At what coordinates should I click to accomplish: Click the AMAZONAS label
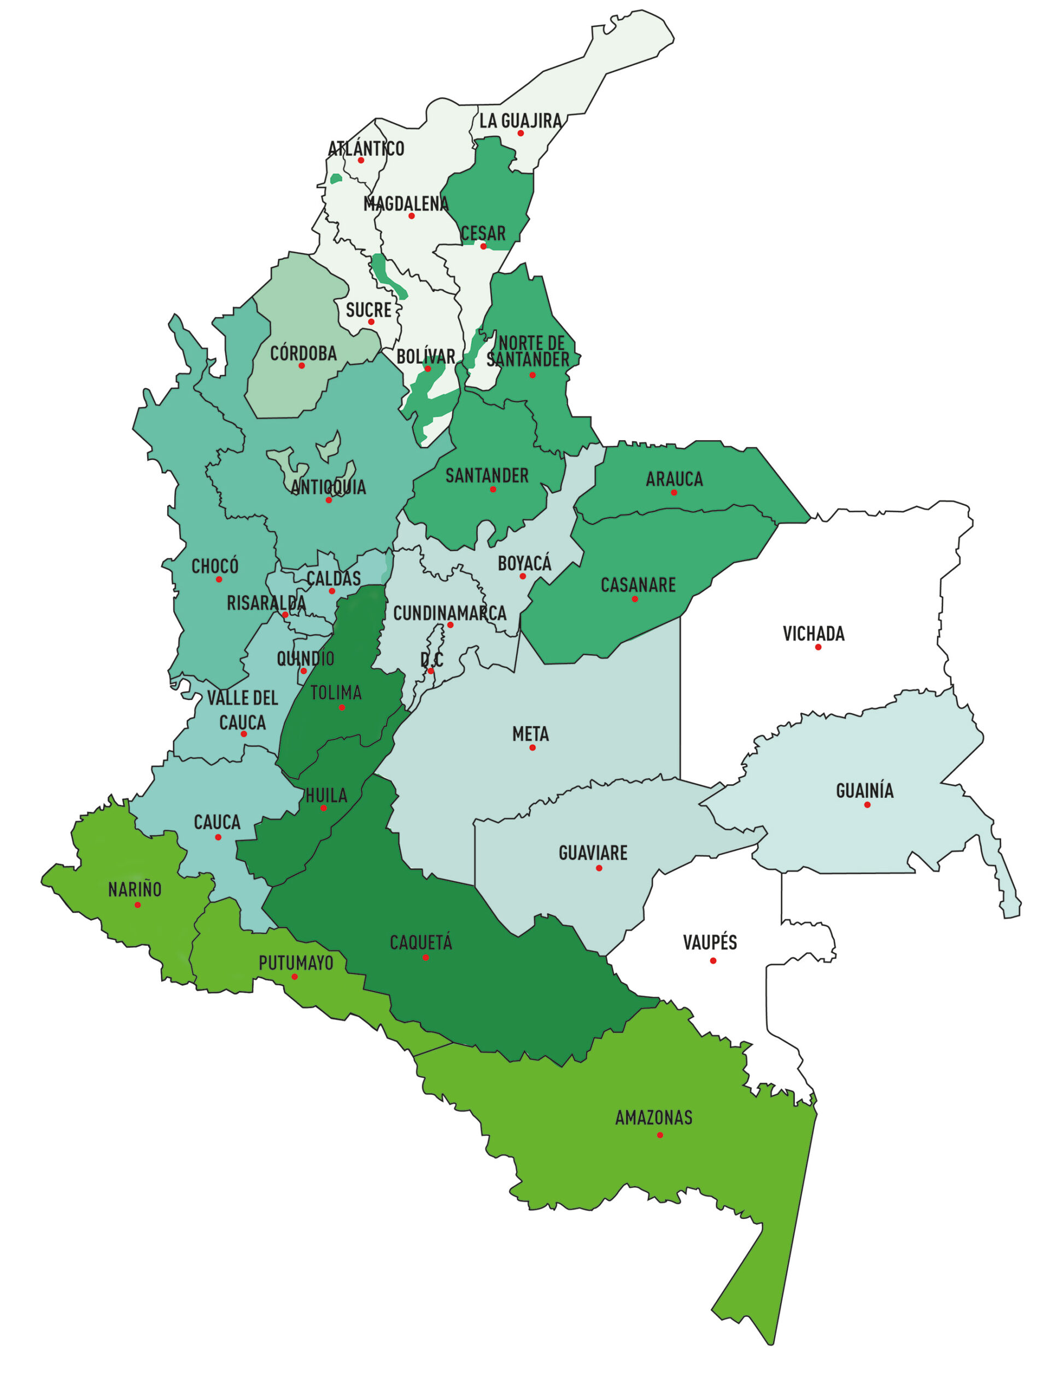(x=654, y=1118)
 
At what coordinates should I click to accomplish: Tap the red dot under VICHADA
(x=817, y=647)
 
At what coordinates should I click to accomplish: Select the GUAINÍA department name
(x=864, y=790)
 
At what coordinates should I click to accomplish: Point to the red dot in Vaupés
(x=712, y=961)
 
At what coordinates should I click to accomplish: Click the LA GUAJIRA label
(x=520, y=120)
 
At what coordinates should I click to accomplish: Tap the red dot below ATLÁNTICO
(x=361, y=160)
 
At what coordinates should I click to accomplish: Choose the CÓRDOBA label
(x=303, y=353)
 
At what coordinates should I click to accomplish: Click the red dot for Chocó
(x=219, y=579)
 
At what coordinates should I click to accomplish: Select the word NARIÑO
(x=135, y=890)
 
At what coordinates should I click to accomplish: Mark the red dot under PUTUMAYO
(x=294, y=977)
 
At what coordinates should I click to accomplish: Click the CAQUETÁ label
(x=421, y=943)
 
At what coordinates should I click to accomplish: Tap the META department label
(x=530, y=734)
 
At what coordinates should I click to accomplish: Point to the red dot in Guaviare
(x=599, y=868)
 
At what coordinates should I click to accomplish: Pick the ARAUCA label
(x=674, y=479)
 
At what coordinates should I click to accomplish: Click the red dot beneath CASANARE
(x=635, y=599)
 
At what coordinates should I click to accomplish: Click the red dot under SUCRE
(x=371, y=322)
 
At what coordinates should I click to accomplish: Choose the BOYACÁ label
(x=524, y=563)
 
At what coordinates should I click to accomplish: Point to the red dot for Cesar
(x=483, y=246)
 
